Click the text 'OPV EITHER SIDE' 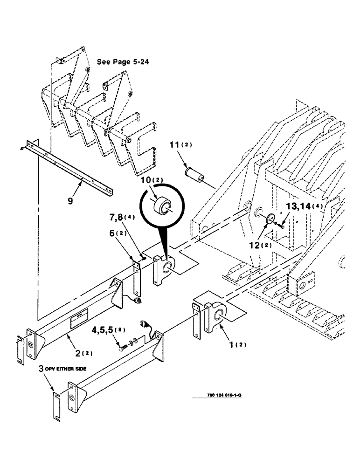(65, 369)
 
